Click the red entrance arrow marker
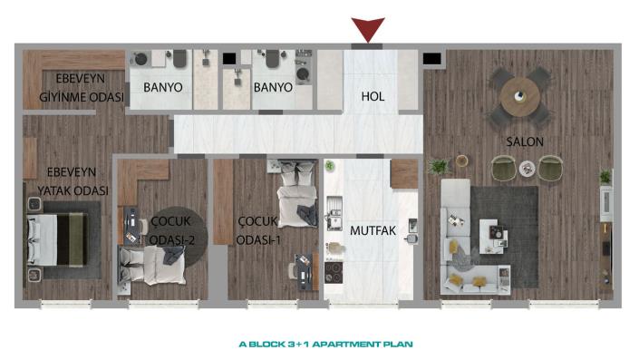click(x=368, y=29)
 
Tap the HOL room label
click(x=373, y=94)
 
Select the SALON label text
click(x=525, y=142)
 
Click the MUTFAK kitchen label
click(x=373, y=230)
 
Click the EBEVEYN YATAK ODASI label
click(x=68, y=182)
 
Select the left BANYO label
click(x=163, y=88)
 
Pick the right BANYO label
click(x=273, y=88)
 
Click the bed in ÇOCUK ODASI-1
click(x=296, y=199)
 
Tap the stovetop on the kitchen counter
click(x=334, y=273)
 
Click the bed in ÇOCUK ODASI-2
click(x=160, y=265)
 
